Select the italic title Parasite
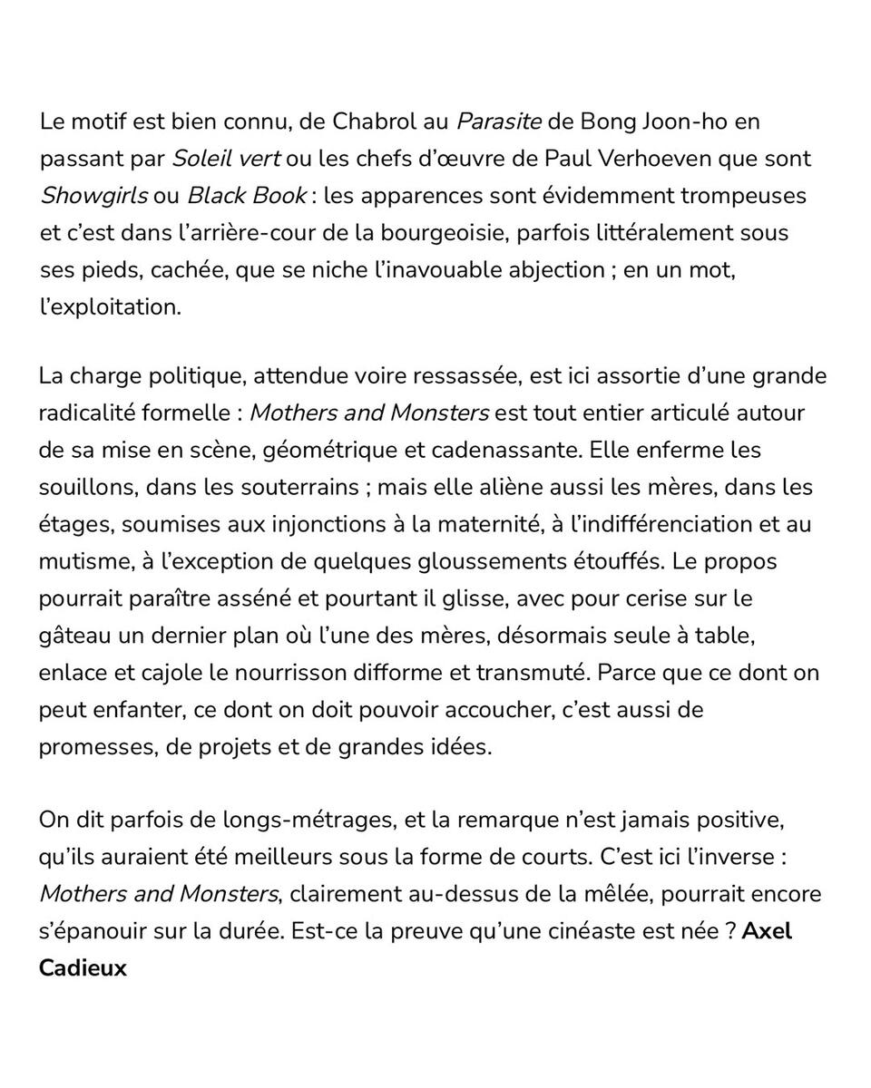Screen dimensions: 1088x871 (x=499, y=121)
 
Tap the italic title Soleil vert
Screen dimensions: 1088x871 (x=226, y=159)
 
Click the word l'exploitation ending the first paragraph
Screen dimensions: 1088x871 (x=110, y=307)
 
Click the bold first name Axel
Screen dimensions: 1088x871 (x=767, y=932)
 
